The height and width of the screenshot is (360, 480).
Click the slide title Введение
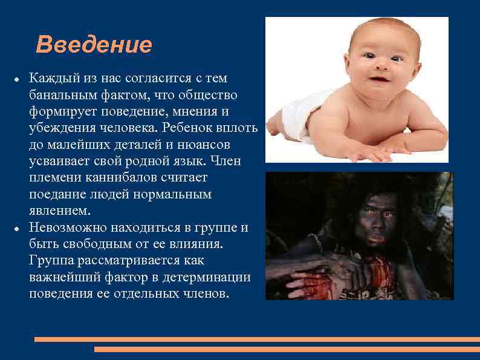pos(94,45)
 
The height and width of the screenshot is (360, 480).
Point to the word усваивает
pos(57,162)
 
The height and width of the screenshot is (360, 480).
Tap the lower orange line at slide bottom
pos(287,349)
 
